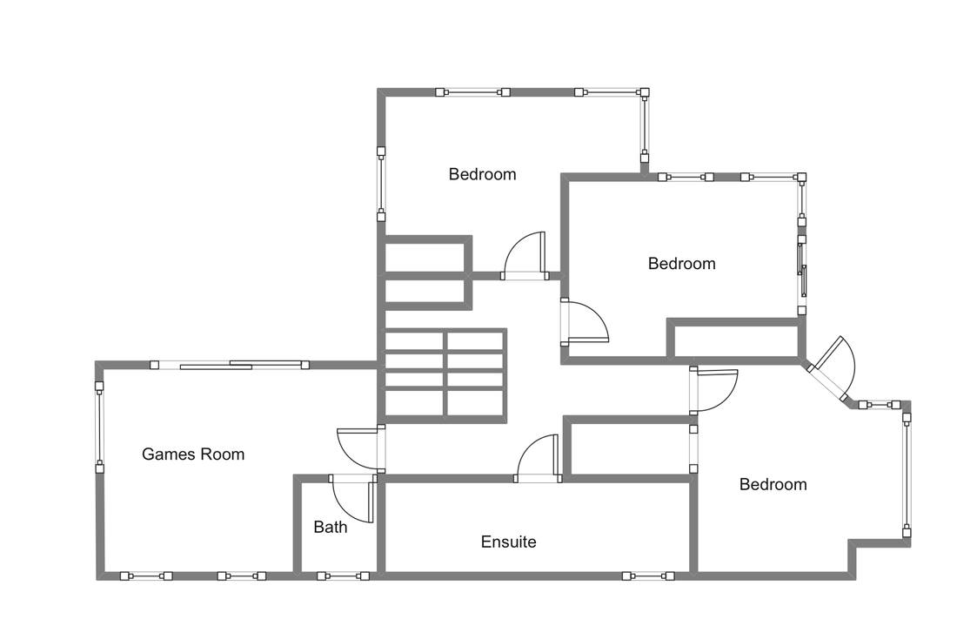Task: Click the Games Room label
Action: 193,454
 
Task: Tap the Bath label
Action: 331,527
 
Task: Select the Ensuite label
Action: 508,542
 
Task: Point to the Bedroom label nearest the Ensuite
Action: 773,484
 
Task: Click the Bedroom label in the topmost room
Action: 482,174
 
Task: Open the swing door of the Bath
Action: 352,498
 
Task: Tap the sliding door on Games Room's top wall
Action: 230,365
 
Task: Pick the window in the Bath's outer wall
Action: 343,576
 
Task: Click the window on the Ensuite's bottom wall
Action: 648,576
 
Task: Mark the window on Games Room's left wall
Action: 99,427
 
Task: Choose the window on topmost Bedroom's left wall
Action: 381,183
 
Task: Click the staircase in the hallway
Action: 445,375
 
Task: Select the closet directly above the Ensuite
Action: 629,446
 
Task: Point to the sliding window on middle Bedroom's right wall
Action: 802,275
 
